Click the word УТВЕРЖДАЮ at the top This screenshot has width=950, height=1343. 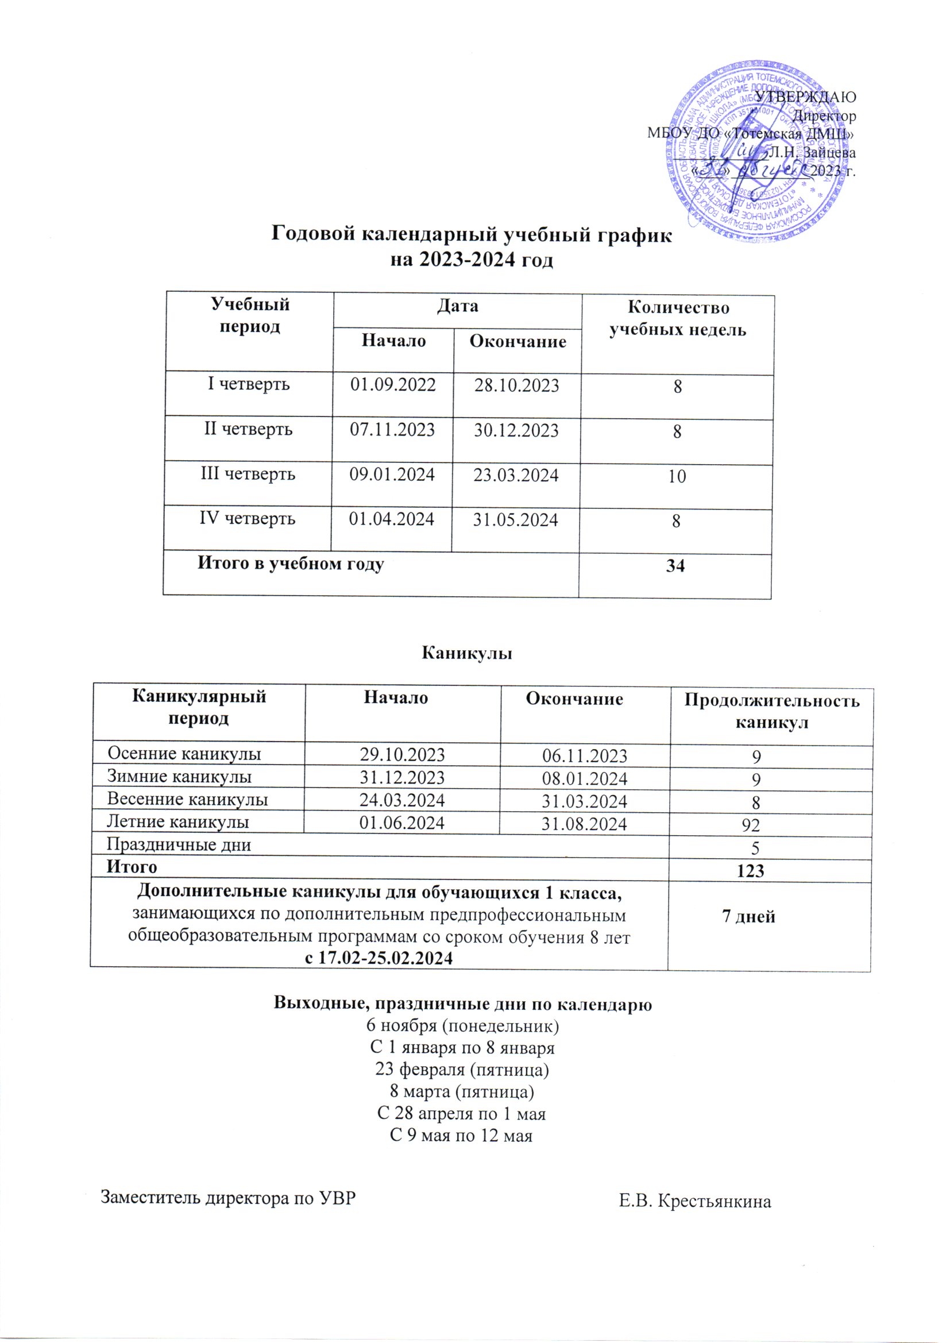click(806, 97)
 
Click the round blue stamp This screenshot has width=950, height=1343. click(759, 158)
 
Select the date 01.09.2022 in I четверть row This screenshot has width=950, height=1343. click(392, 384)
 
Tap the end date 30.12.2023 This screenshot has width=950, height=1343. click(516, 430)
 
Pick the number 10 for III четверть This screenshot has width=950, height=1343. click(677, 476)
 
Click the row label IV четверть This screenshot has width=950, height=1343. click(247, 518)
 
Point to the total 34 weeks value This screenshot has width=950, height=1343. click(675, 566)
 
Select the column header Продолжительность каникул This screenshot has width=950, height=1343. click(771, 711)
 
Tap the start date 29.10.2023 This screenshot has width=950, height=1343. click(402, 755)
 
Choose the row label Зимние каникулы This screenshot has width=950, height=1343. click(179, 777)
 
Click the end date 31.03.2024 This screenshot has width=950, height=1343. click(584, 801)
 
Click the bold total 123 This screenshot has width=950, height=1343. click(751, 871)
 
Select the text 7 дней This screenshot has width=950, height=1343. click(750, 917)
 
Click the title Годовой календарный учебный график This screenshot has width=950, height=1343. click(472, 234)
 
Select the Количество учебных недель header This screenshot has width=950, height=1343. click(677, 319)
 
